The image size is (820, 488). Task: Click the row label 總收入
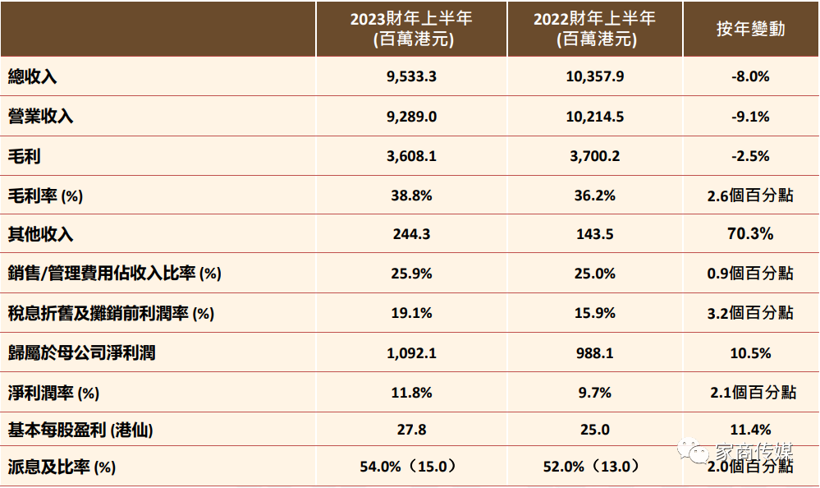pos(33,77)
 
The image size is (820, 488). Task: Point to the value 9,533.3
pos(411,77)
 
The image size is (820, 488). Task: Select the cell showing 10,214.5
pos(594,117)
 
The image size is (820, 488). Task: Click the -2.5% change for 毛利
pos(750,156)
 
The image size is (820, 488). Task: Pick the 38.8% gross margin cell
pos(411,196)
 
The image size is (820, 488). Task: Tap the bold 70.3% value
pos(750,234)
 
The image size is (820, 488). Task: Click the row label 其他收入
pos(40,235)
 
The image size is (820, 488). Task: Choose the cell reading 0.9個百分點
pos(750,274)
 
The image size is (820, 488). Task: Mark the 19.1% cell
pos(411,313)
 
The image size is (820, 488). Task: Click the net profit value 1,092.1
pos(411,353)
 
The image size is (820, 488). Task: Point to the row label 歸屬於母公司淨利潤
pos(81,353)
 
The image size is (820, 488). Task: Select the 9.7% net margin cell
pos(594,393)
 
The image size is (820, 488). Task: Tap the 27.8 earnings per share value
pos(411,429)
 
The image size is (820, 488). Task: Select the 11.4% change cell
pos(750,429)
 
